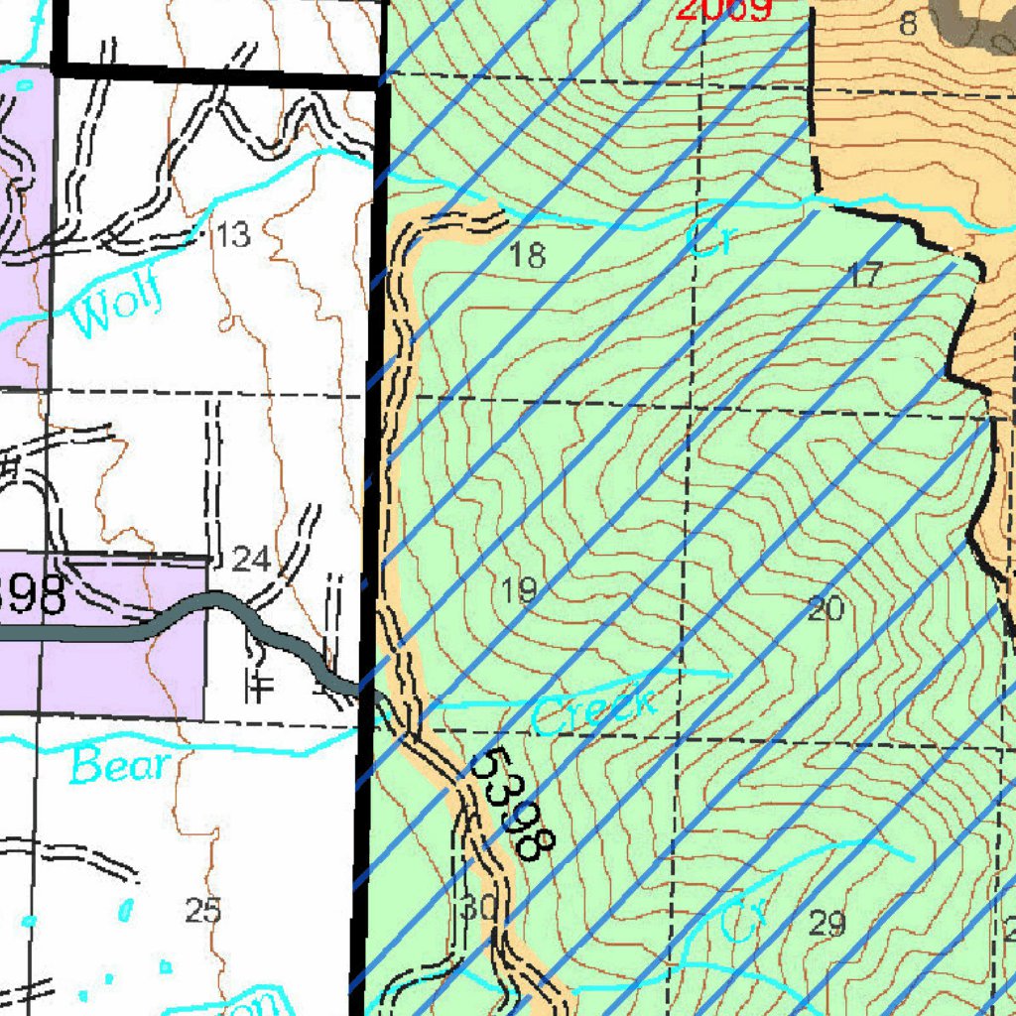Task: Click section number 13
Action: click(x=232, y=236)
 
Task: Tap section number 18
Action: click(x=527, y=256)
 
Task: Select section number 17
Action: click(x=865, y=275)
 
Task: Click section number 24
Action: click(x=250, y=560)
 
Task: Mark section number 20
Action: click(x=825, y=608)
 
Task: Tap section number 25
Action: click(x=203, y=910)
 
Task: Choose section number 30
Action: click(x=478, y=906)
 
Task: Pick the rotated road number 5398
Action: click(x=512, y=804)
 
